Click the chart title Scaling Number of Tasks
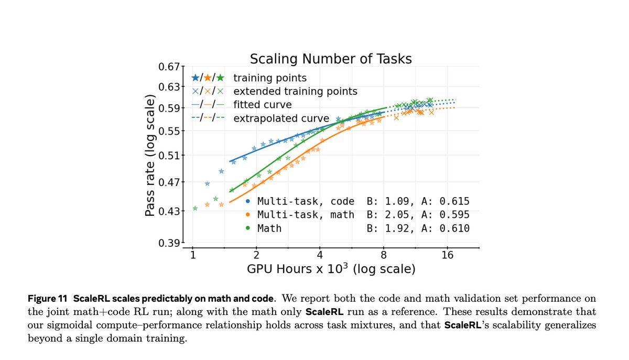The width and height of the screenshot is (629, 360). coord(330,58)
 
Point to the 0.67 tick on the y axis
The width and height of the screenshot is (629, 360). coord(169,67)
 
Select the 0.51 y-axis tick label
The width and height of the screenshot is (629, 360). coord(169,155)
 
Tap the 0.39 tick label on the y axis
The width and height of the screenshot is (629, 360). coord(169,243)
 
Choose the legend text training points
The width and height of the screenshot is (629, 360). coord(269,78)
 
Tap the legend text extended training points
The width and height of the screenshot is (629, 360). coord(295,91)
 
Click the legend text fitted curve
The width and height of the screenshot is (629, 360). coord(262,104)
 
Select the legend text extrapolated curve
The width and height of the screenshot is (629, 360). coord(281,118)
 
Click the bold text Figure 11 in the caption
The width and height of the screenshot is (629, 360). coord(48,299)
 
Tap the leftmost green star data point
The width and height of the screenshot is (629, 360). coord(195,208)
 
